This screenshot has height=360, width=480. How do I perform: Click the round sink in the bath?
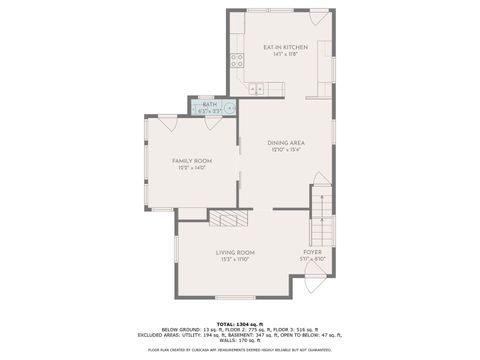[x=230, y=108]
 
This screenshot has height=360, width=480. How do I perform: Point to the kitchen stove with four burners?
[x=237, y=59]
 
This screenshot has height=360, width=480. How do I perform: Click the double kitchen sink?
[x=254, y=89]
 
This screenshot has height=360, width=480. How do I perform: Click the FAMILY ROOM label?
[x=192, y=161]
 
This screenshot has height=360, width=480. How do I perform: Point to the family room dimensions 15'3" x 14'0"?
[x=192, y=169]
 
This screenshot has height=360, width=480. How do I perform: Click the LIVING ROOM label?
[x=236, y=252]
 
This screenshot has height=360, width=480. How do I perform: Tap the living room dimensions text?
[x=236, y=260]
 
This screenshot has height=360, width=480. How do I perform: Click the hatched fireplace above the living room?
[x=227, y=220]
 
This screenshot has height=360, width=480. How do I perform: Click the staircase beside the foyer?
[x=320, y=210]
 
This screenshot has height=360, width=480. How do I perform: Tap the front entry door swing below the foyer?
[x=313, y=283]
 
